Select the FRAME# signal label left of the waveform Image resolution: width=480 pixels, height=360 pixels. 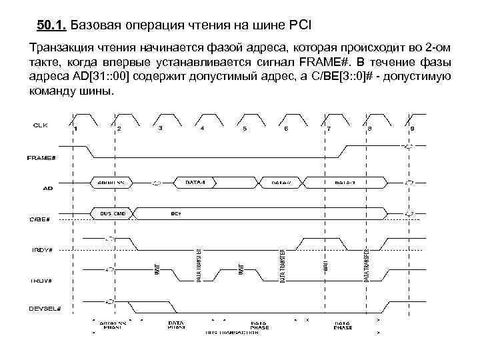[41, 158]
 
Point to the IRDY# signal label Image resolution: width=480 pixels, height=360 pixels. [42, 249]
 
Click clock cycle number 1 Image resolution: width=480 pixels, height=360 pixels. [76, 128]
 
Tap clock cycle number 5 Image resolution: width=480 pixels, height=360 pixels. [245, 128]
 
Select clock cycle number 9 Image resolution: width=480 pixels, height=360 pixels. [412, 128]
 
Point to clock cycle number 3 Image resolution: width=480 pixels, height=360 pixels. [161, 128]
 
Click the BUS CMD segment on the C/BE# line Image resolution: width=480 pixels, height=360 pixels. [114, 213]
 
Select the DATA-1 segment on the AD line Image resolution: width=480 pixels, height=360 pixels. [195, 181]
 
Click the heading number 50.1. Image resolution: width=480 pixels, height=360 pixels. [51, 26]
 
